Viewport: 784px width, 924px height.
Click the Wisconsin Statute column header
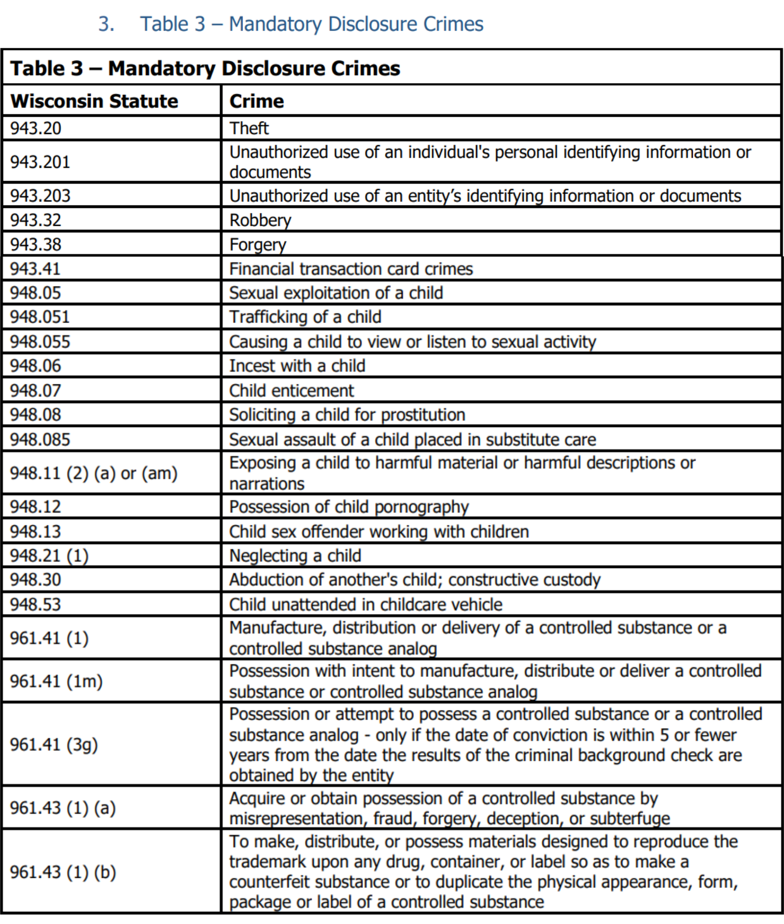94,101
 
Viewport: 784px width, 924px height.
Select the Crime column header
256,101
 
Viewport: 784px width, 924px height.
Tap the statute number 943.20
36,128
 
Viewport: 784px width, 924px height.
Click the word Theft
249,128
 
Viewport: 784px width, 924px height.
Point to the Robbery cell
260,220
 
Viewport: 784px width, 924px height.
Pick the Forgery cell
258,244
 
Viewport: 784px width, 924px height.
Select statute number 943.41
36,268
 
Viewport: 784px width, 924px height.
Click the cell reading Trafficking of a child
305,317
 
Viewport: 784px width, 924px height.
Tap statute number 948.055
40,341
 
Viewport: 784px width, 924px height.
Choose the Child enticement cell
291,390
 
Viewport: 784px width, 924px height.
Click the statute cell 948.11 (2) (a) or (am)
94,473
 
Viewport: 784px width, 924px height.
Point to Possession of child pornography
349,507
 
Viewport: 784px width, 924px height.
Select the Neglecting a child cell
295,556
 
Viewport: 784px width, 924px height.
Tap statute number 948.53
36,604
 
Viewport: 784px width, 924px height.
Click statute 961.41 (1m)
56,681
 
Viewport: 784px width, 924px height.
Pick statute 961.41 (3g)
54,744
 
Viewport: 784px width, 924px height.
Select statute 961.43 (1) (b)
63,872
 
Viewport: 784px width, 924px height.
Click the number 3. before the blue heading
106,24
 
